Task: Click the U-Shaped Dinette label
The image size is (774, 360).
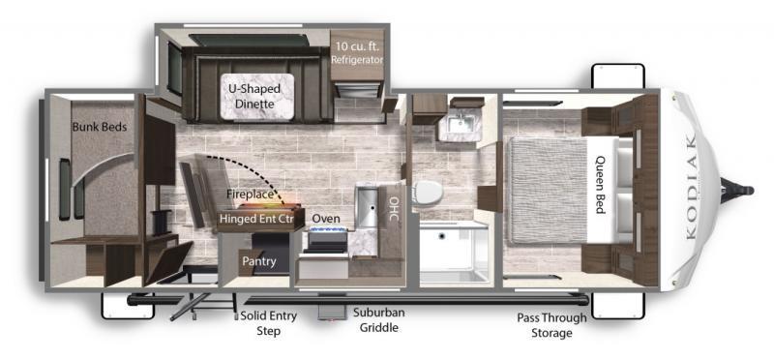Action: click(x=254, y=97)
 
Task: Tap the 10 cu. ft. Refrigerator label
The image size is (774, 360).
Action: click(x=357, y=53)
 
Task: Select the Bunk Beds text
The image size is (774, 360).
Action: click(x=100, y=127)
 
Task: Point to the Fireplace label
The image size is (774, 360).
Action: click(x=250, y=195)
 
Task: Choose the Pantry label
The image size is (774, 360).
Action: click(x=258, y=261)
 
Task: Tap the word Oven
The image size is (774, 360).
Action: click(x=326, y=219)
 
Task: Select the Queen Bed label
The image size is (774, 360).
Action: click(x=601, y=185)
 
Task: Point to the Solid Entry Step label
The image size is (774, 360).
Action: click(x=269, y=323)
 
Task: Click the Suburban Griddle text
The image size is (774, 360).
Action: click(x=378, y=319)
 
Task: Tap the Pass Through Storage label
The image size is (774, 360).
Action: click(x=551, y=325)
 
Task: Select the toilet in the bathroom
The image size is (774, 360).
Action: click(x=426, y=193)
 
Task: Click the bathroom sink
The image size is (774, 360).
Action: click(x=460, y=121)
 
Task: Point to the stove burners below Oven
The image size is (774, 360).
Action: click(x=328, y=230)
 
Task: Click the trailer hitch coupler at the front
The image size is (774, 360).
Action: click(x=737, y=190)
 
